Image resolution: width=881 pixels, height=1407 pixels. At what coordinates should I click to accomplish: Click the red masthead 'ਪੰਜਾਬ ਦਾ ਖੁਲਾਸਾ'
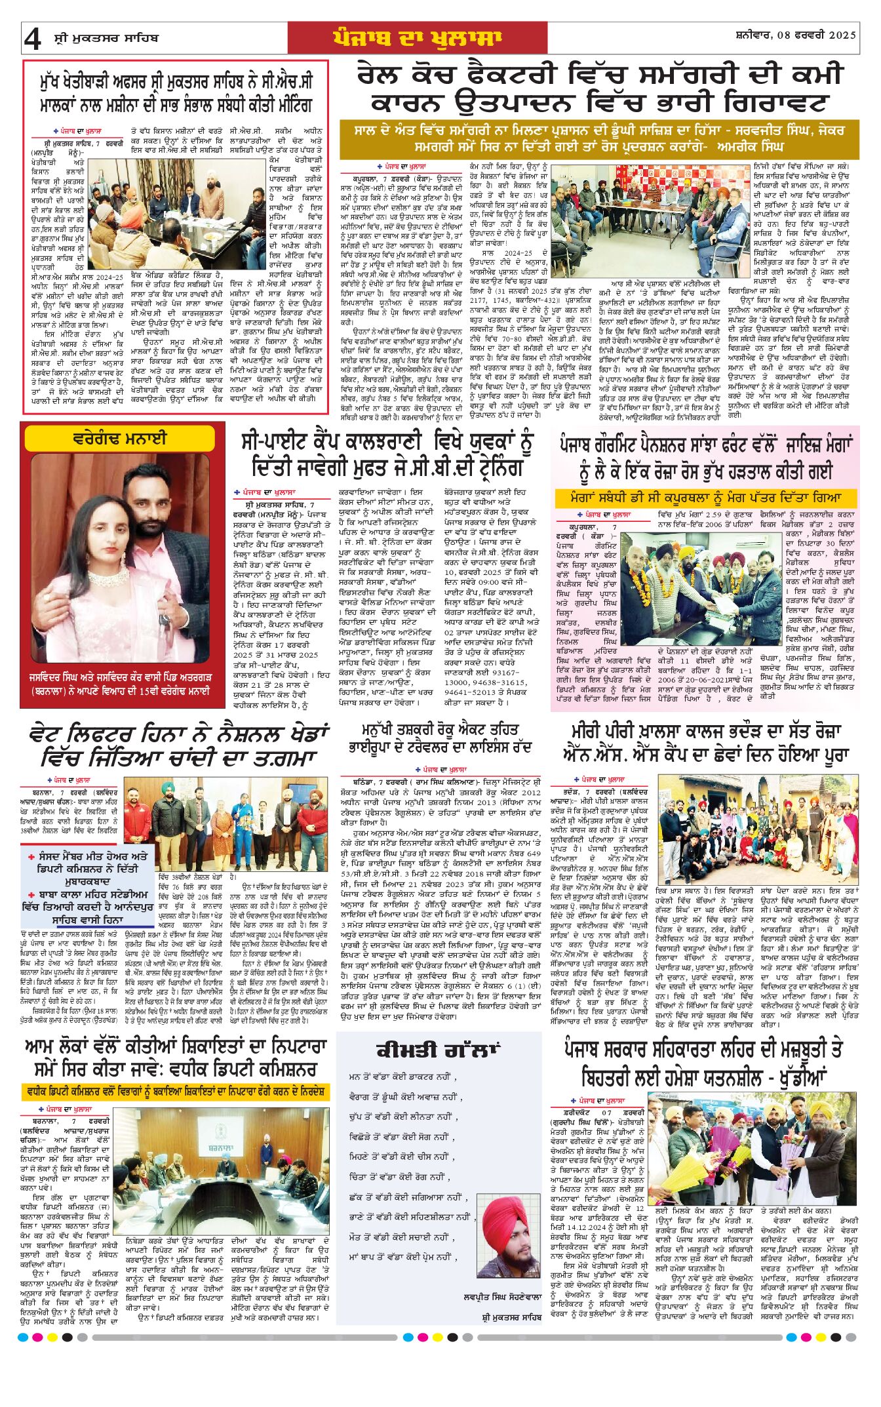(417, 38)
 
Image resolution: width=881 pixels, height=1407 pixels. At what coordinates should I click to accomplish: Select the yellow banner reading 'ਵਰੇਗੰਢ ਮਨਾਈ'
(119, 438)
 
